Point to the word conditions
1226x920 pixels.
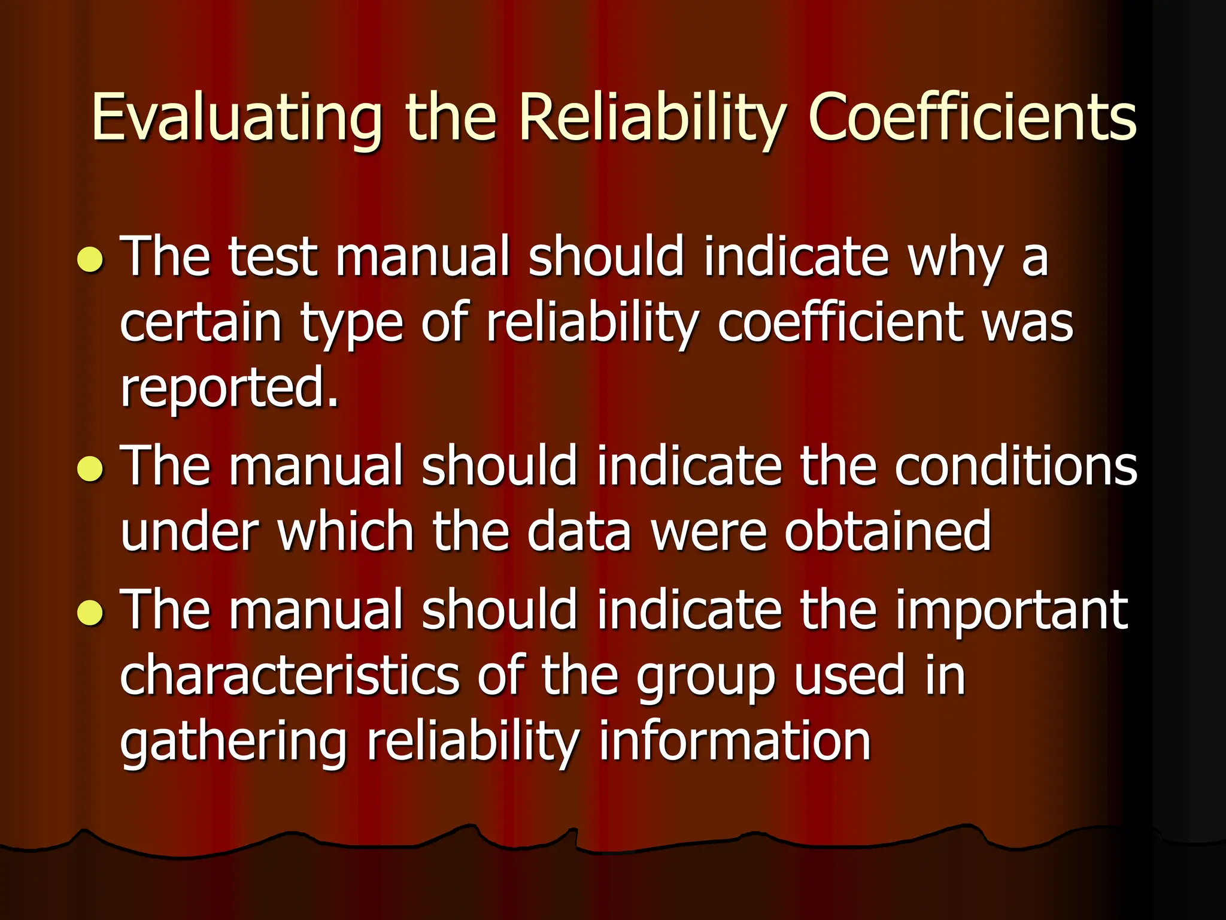tap(1016, 465)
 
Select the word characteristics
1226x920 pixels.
tap(289, 676)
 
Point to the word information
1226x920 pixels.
tap(735, 742)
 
